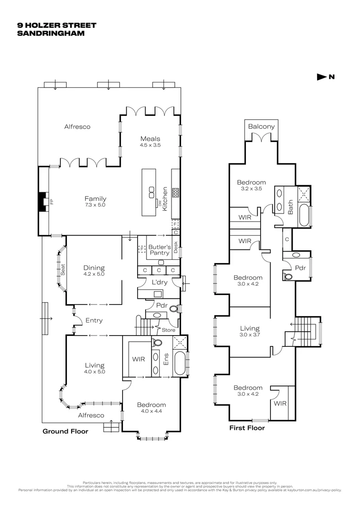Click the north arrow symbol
[322, 77]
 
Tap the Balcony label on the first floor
[261, 127]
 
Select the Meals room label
[150, 139]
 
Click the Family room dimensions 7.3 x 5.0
[96, 205]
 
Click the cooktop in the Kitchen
[175, 192]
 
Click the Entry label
[94, 320]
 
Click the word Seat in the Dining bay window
[62, 270]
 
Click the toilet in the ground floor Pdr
[173, 310]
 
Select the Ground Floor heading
[65, 431]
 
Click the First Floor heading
[246, 428]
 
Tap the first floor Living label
[249, 328]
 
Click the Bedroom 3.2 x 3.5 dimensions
[251, 189]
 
